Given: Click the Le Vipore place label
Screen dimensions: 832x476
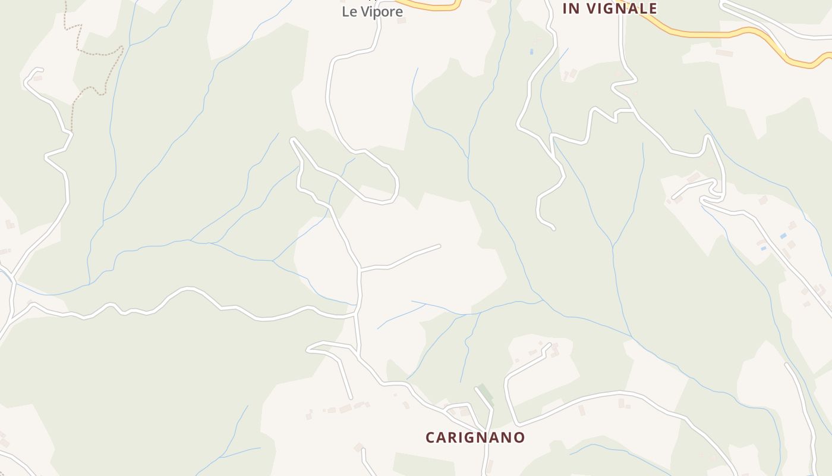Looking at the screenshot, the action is click(x=372, y=12).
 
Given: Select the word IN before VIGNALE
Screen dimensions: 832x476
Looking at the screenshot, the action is click(x=571, y=8).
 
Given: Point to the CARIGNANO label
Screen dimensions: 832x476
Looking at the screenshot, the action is click(x=475, y=437).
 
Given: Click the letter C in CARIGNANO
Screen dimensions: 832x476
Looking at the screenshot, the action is click(x=430, y=437).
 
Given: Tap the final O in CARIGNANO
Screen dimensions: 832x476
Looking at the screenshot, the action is click(x=520, y=437).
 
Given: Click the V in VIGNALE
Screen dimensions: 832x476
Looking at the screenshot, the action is click(x=592, y=8).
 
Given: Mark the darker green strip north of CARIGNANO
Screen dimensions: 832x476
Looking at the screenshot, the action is click(x=486, y=394).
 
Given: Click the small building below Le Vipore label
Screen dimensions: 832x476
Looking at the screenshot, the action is click(x=401, y=21).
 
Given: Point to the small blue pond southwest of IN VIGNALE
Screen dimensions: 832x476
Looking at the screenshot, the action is click(x=531, y=52).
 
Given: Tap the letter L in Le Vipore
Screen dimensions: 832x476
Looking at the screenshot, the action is click(x=345, y=12).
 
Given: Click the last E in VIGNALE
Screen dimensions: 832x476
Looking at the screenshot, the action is click(x=653, y=8).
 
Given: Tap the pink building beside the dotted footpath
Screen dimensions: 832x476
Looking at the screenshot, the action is click(x=37, y=78).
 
